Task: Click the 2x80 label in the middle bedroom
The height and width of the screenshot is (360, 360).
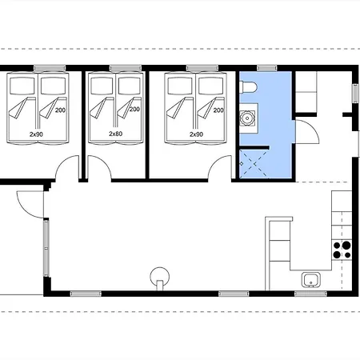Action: (116, 134)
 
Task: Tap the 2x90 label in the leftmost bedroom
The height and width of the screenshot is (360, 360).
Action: (36, 134)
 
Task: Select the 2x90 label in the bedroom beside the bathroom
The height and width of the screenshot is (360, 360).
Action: (196, 134)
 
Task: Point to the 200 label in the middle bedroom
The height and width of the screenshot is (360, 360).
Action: (134, 110)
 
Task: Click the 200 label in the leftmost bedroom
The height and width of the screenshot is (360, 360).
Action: (60, 110)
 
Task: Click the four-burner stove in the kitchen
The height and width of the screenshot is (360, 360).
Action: (342, 248)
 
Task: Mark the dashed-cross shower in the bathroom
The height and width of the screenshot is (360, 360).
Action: (257, 164)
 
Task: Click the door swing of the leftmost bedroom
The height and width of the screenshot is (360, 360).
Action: (69, 169)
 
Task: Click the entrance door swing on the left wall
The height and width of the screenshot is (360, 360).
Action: (28, 205)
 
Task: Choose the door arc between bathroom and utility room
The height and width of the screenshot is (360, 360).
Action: (308, 132)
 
